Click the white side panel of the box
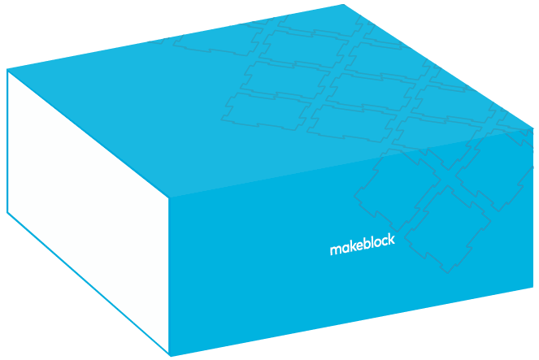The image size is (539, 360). pyautogui.click(x=85, y=203)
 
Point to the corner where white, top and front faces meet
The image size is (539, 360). pyautogui.click(x=169, y=198)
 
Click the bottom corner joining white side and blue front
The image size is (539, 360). pyautogui.click(x=169, y=355)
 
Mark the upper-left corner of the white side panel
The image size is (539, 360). pyautogui.click(x=7, y=70)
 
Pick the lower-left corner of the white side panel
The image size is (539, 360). pyautogui.click(x=7, y=213)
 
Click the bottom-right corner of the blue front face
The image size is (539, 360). pyautogui.click(x=533, y=287)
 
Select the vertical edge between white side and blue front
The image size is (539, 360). pyautogui.click(x=169, y=276)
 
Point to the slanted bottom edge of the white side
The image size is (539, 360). pyautogui.click(x=88, y=284)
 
